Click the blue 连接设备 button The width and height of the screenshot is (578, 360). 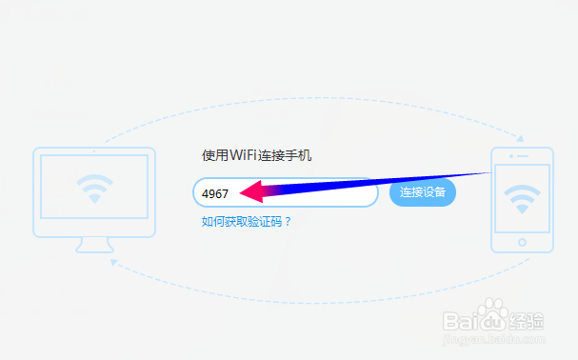coord(423,192)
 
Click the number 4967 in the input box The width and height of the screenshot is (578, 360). coord(214,193)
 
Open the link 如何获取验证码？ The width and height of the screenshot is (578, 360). coord(246,222)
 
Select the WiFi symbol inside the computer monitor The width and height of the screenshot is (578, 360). coord(93,190)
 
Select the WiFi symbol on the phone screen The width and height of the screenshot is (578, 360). coord(521,197)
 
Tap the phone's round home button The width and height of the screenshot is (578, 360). coord(521,243)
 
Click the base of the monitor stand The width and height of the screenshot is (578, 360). coord(93,249)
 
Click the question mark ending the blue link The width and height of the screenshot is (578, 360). coord(287,222)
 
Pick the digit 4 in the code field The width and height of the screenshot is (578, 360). coord(205,193)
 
